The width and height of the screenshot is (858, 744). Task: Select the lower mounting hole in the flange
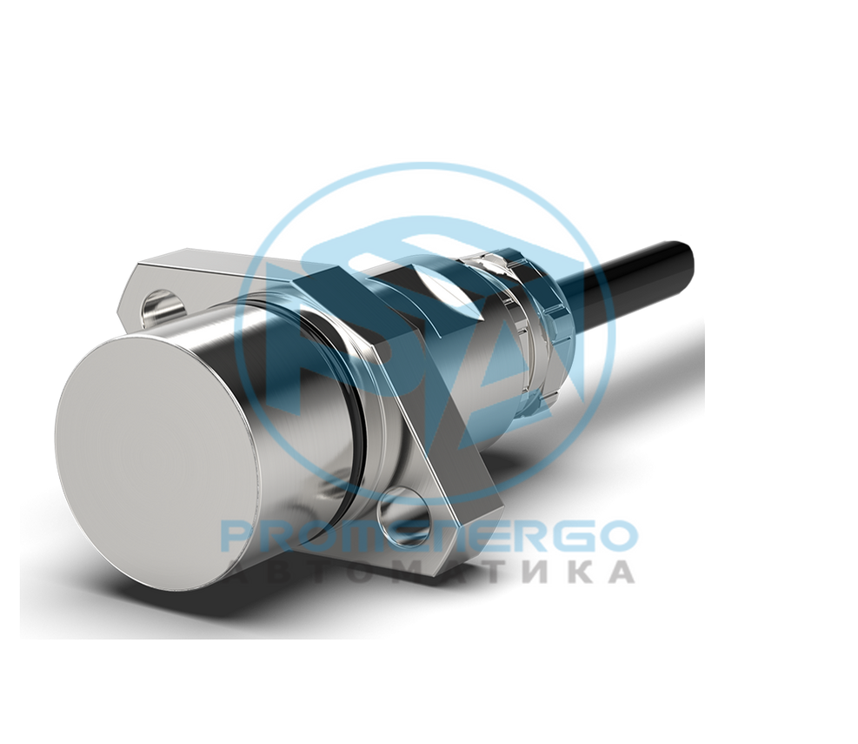pos(404,513)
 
